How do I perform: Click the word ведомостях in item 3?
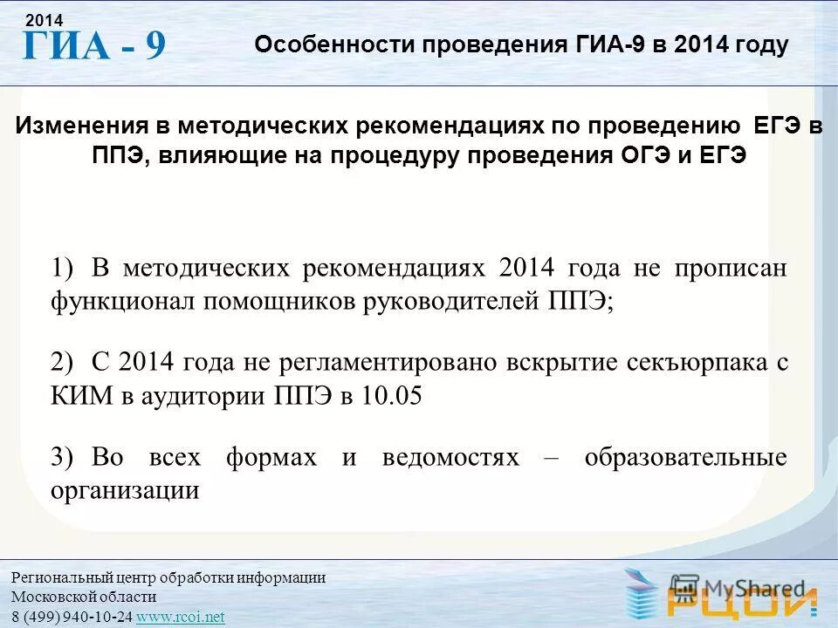point(450,456)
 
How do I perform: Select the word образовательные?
point(685,456)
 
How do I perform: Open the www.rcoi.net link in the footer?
point(181,617)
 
